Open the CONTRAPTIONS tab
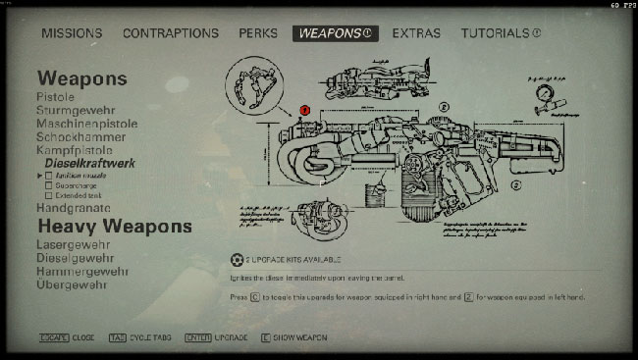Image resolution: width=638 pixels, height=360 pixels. [x=171, y=33]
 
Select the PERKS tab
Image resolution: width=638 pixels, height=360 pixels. [x=257, y=33]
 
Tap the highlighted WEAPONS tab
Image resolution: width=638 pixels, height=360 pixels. [x=336, y=33]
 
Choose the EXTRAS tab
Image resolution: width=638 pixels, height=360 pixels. [x=416, y=33]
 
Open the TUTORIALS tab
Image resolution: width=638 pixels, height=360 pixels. [x=501, y=33]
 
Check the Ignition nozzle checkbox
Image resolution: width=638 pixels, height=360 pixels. [x=49, y=175]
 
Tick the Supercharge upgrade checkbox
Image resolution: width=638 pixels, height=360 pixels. [x=49, y=185]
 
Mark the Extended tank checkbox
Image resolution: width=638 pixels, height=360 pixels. [x=49, y=196]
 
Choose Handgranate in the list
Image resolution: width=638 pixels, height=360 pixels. [x=74, y=208]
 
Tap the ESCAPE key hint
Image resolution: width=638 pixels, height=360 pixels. [x=53, y=337]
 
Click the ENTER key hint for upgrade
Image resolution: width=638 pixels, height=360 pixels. [x=198, y=337]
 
